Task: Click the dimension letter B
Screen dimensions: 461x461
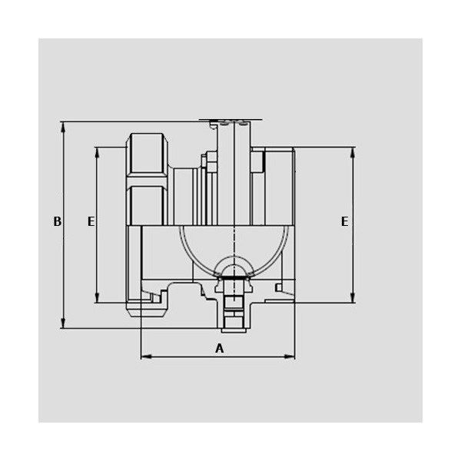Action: pyautogui.click(x=58, y=221)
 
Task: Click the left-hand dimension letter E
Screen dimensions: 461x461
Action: pyautogui.click(x=91, y=221)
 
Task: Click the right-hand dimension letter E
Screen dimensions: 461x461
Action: pyautogui.click(x=344, y=221)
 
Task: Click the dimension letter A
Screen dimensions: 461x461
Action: pyautogui.click(x=220, y=348)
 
